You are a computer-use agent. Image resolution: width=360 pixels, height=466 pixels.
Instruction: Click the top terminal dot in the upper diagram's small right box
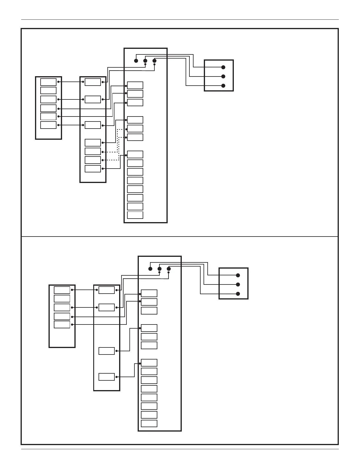click(x=223, y=67)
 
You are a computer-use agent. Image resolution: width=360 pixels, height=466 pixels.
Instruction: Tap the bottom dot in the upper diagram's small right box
click(x=223, y=86)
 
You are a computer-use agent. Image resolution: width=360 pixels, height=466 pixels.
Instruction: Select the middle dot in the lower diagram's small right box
click(x=238, y=284)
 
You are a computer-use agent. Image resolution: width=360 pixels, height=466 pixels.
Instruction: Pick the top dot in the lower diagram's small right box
click(x=238, y=275)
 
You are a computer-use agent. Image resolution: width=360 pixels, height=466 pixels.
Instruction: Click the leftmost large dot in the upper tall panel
click(x=136, y=61)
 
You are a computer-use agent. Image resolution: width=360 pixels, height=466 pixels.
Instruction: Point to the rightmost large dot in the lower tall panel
click(x=169, y=269)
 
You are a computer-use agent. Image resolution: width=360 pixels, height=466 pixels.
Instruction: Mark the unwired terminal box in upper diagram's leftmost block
click(x=48, y=90)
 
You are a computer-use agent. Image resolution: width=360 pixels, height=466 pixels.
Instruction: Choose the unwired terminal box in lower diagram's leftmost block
click(x=62, y=299)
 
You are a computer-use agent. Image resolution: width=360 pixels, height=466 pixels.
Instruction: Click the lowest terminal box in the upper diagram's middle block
click(x=93, y=169)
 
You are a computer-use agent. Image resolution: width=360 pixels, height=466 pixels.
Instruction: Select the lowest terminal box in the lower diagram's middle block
click(x=106, y=377)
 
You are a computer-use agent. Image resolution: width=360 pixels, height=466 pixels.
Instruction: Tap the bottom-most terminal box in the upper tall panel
click(x=135, y=215)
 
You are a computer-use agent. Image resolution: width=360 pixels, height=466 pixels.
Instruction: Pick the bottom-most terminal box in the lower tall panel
click(x=149, y=423)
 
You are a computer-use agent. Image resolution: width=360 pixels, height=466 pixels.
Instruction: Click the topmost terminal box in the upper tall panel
click(x=135, y=85)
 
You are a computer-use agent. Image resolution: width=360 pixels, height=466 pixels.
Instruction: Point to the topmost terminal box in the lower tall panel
click(x=149, y=293)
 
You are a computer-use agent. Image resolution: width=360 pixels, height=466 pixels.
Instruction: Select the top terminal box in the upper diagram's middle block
click(x=93, y=82)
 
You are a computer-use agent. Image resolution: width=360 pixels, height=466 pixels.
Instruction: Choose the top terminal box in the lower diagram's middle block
click(x=106, y=290)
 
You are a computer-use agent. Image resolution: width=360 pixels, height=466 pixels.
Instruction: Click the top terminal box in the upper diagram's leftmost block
click(x=48, y=82)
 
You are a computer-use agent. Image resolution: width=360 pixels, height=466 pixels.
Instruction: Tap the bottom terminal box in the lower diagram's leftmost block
click(x=62, y=324)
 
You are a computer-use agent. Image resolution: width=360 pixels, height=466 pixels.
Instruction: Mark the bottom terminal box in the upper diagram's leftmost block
click(x=48, y=125)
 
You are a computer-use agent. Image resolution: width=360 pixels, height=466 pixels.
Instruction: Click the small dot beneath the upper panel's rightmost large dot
click(x=154, y=64)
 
